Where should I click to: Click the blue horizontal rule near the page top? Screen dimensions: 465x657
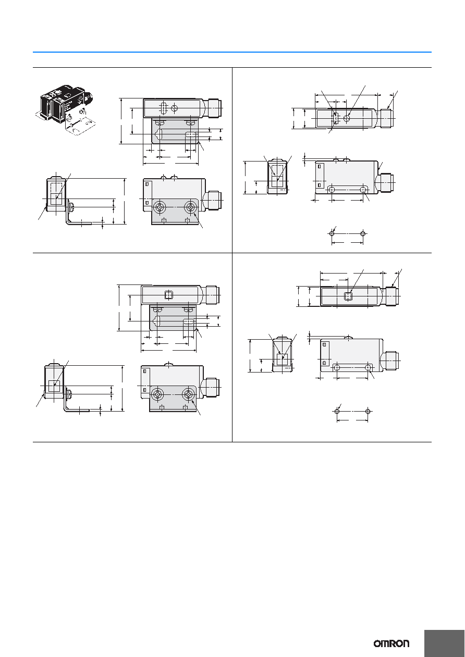tap(232, 52)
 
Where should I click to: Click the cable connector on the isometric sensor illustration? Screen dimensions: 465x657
tap(89, 98)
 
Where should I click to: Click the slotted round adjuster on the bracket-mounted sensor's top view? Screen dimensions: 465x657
tap(174, 108)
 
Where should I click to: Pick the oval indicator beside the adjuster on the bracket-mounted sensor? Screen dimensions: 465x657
tap(163, 108)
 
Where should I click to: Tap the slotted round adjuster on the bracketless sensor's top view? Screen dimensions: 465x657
tap(347, 118)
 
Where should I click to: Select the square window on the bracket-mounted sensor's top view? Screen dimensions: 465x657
tap(168, 294)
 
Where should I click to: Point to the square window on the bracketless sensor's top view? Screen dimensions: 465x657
tap(348, 296)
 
